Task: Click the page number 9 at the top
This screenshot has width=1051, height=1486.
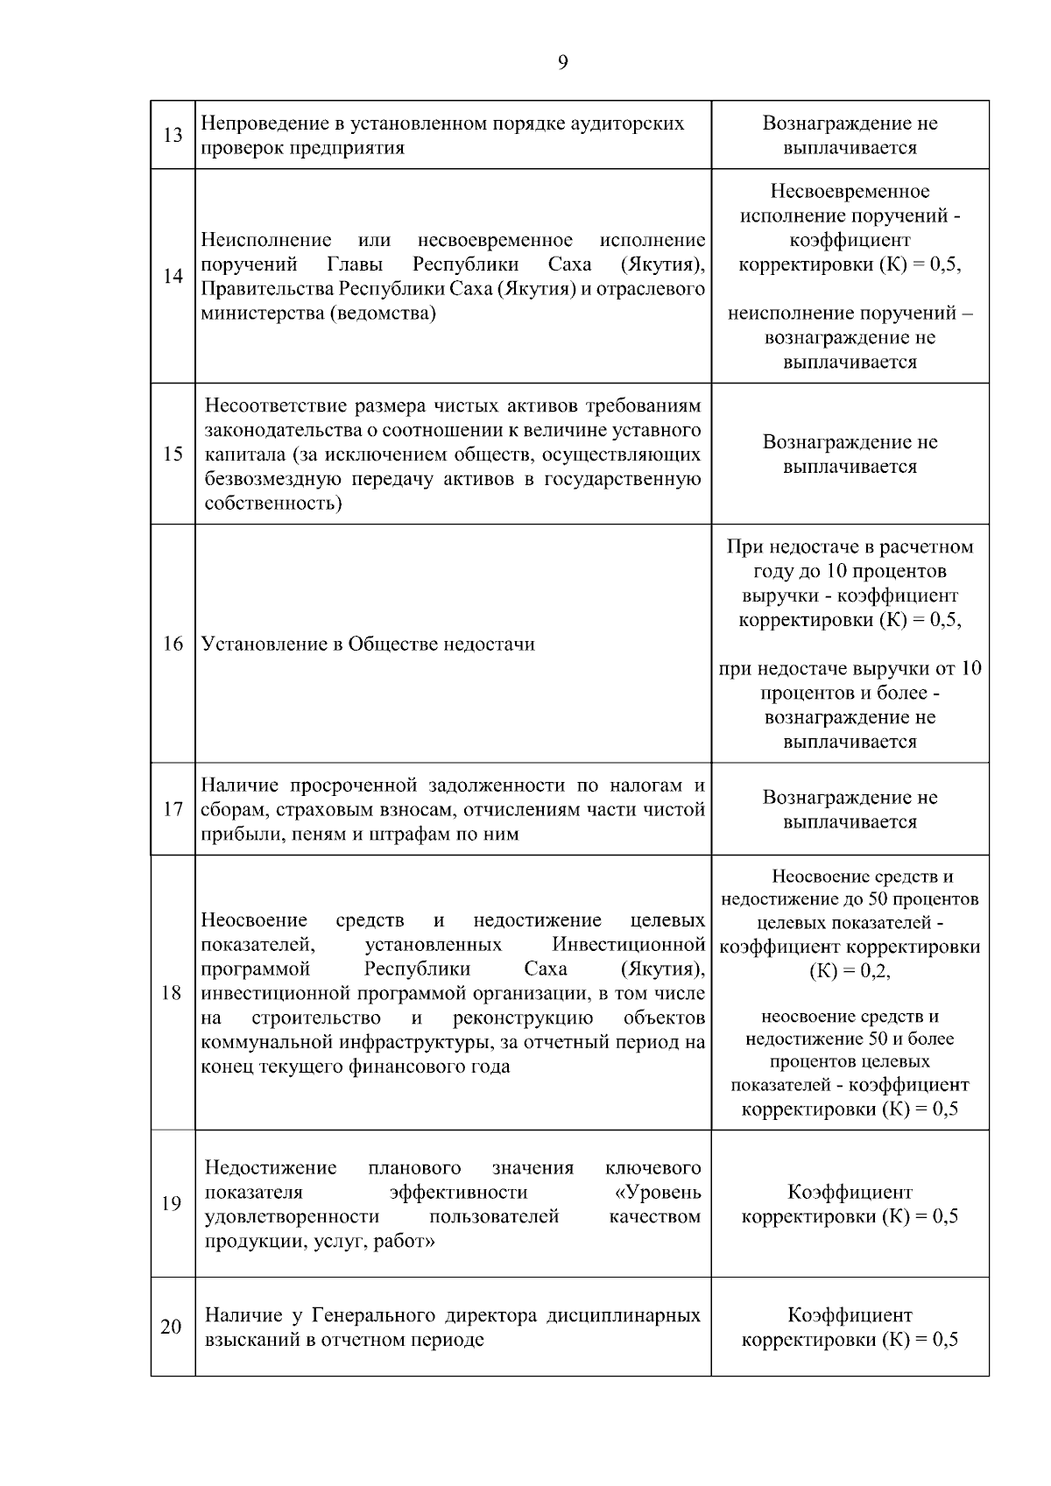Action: pos(561,61)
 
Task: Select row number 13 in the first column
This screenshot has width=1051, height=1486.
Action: pos(173,135)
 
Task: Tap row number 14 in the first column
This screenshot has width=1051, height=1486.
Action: pos(173,276)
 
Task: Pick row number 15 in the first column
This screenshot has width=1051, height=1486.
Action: pos(173,454)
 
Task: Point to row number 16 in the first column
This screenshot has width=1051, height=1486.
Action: pos(173,644)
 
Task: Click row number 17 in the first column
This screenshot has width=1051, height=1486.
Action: pos(173,809)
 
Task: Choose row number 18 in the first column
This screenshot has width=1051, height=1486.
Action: pos(172,993)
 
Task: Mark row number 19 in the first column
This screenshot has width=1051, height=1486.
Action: pos(172,1203)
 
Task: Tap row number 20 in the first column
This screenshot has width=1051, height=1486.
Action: pos(171,1327)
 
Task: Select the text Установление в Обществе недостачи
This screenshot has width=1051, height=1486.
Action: pos(368,644)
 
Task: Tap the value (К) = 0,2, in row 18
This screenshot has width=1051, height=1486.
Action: pos(850,970)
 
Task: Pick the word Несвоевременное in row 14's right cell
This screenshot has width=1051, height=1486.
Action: pos(850,191)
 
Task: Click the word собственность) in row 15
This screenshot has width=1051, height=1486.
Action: pos(272,504)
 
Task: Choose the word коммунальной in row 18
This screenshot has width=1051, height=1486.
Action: pos(263,1042)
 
